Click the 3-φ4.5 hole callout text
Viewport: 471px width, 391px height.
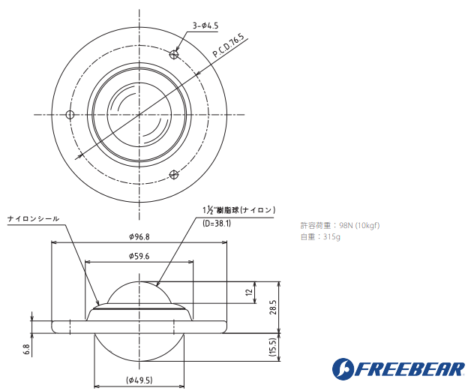pos(205,26)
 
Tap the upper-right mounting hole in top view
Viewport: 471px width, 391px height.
pos(174,55)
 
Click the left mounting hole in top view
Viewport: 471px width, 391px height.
pos(70,115)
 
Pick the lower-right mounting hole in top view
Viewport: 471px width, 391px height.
pos(174,175)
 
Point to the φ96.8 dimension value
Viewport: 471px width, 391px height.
pos(139,236)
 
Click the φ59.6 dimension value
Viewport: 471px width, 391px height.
pos(139,256)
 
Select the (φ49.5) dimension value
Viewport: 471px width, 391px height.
pos(139,380)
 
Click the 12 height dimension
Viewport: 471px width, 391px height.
pos(249,293)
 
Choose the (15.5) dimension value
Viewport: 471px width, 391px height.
pos(273,347)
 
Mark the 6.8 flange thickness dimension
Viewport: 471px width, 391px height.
pos(26,349)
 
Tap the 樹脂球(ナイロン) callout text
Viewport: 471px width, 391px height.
pos(239,209)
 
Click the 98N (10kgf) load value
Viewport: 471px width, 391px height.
pos(359,225)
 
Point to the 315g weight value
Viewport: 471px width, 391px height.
pos(331,237)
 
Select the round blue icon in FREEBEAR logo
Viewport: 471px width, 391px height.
pos(346,369)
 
